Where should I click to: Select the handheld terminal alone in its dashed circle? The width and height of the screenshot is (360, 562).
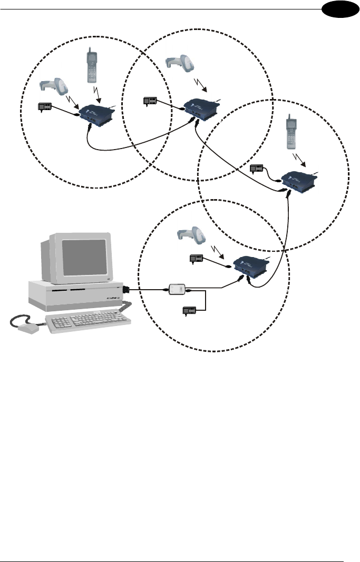[x=291, y=129]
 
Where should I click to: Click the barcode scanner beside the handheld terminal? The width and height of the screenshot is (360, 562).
[x=53, y=87]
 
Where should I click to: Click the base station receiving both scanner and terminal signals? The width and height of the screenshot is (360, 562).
[x=95, y=116]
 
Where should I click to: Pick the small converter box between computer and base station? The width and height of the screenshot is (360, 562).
[x=177, y=289]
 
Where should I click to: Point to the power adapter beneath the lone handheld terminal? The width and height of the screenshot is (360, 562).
[x=258, y=169]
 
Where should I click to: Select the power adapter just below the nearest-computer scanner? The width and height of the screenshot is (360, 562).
[x=196, y=259]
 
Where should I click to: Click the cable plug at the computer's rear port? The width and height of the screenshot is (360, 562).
[x=127, y=289]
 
